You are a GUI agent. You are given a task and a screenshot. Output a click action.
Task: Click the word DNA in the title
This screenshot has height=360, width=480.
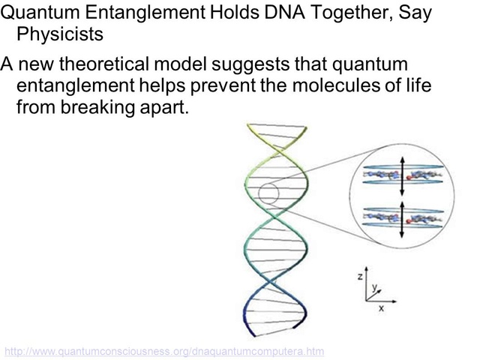[285, 12]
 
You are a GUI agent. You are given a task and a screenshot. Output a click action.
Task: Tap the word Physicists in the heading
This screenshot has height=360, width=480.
[60, 34]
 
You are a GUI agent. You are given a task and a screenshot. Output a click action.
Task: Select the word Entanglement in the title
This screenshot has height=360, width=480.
[145, 13]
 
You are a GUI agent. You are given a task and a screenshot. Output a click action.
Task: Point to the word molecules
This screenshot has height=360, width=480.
[336, 85]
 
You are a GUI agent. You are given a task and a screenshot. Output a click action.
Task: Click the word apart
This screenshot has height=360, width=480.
[164, 108]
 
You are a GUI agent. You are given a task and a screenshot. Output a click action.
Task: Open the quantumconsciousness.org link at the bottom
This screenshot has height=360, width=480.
[164, 352]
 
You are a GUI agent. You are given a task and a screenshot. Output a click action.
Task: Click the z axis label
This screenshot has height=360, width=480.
[360, 277]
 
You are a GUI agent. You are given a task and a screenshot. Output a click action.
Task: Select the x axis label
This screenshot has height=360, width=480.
[381, 308]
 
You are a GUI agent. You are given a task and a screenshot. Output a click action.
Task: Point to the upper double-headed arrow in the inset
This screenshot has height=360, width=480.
[402, 176]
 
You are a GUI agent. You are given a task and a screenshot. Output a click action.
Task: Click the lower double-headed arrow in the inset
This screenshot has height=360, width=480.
[402, 220]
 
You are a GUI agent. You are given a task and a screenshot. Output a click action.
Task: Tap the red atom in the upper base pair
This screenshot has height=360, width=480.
[409, 177]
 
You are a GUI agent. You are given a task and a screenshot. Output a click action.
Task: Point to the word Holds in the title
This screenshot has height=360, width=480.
[235, 12]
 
